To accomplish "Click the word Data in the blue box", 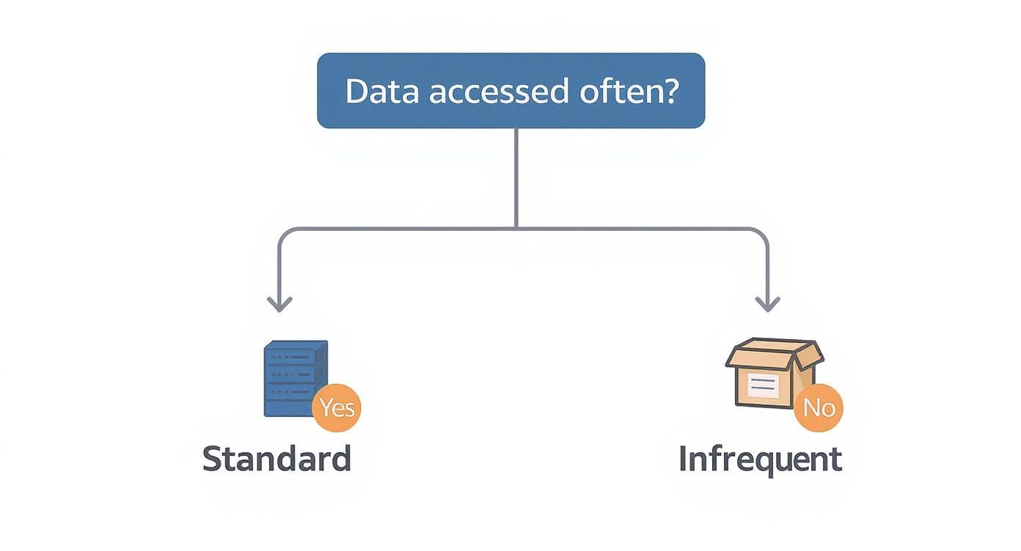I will [381, 92].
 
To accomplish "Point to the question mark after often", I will [670, 92].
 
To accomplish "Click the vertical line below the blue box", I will [516, 176].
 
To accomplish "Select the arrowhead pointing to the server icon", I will [279, 304].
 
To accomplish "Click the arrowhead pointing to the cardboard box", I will [767, 304].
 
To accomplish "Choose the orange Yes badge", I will [337, 407].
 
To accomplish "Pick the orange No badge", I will [819, 407].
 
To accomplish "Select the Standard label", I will [277, 459].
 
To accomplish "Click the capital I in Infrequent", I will [684, 459].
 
